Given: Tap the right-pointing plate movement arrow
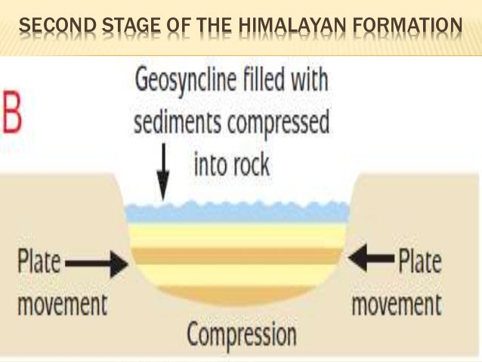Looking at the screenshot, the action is click(97, 265).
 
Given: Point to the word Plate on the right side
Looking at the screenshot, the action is click(420, 262).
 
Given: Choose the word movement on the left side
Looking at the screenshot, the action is click(62, 305).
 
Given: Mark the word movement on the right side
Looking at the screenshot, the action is click(397, 305).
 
